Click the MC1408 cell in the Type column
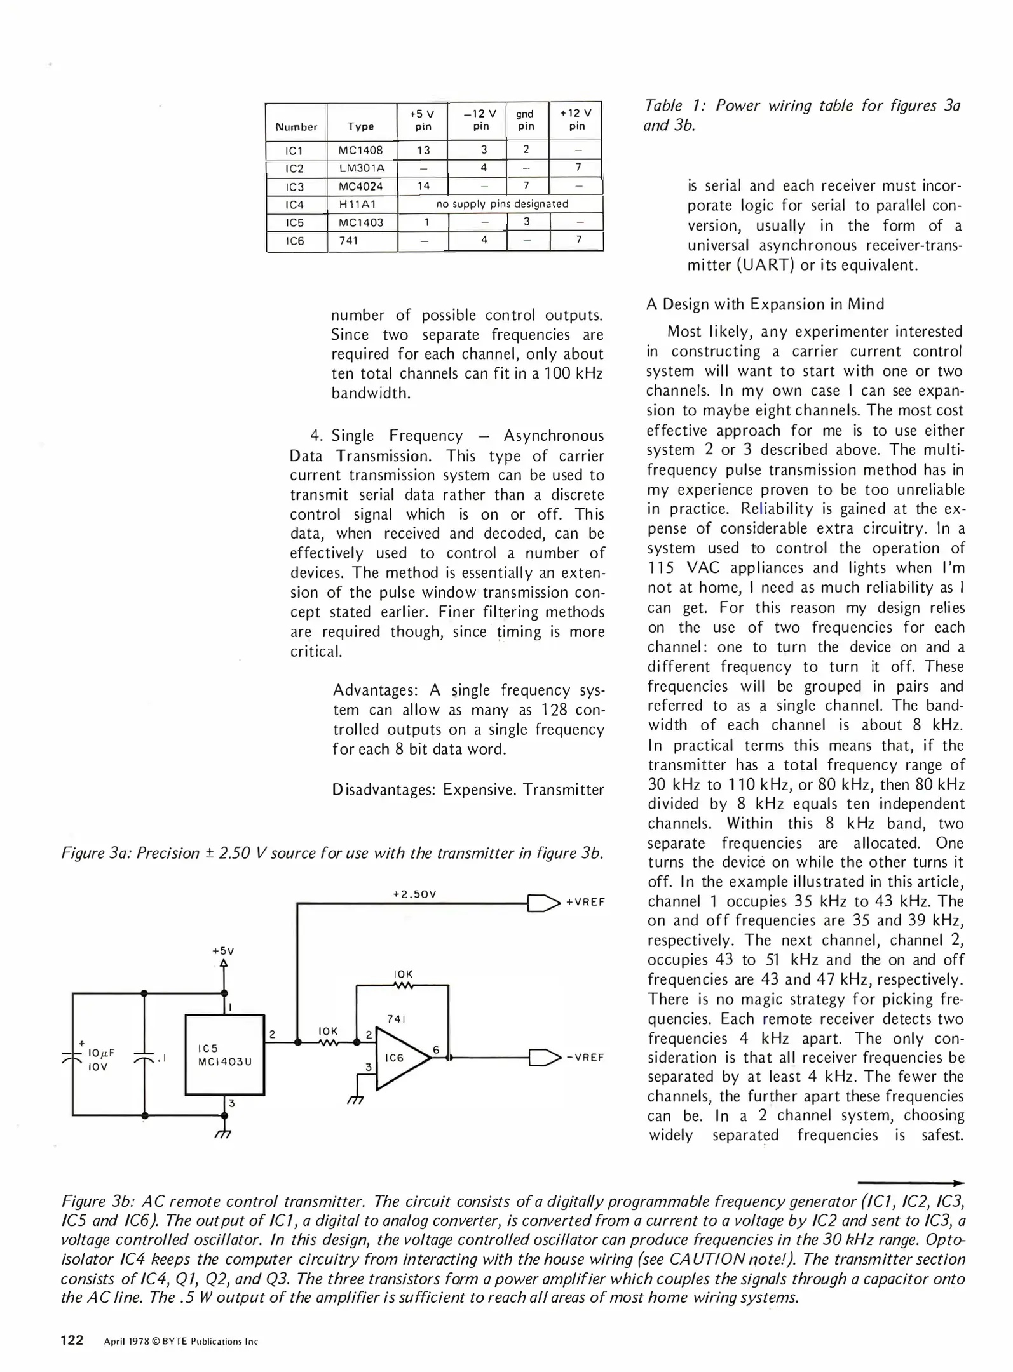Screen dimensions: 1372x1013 361,151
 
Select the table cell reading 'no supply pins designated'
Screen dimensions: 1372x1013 501,204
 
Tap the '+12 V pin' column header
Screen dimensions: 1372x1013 576,119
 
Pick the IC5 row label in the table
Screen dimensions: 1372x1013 295,223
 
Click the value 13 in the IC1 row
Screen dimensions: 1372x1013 423,151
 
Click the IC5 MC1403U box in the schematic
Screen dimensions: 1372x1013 224,1055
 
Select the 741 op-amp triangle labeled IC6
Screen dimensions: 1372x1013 398,1058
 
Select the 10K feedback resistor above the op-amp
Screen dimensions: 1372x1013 403,986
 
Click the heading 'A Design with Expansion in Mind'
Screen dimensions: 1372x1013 765,304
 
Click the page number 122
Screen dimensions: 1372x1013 72,1340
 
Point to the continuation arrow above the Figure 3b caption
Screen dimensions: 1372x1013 910,1183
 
